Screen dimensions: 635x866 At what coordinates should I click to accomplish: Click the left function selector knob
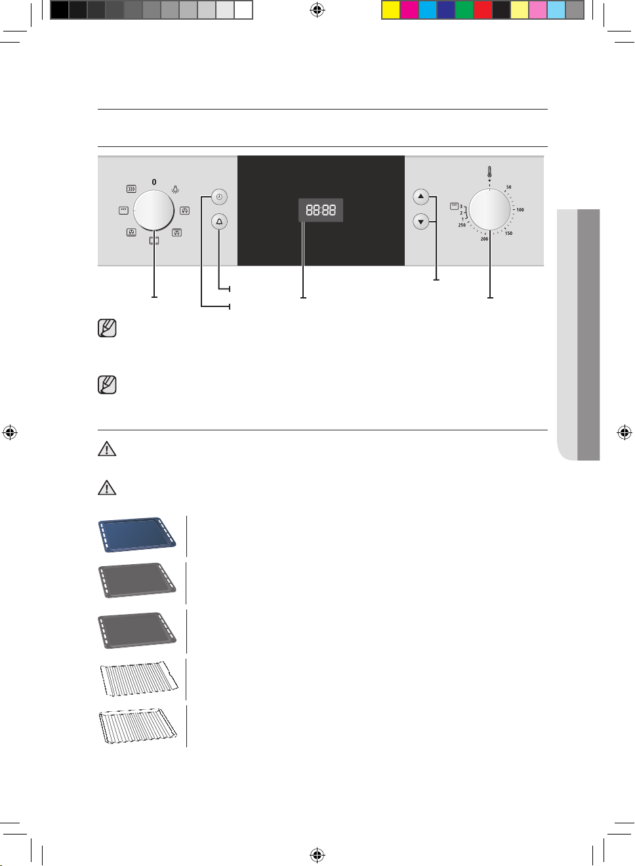[x=154, y=211]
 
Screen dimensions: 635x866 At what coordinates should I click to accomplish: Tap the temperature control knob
[x=489, y=209]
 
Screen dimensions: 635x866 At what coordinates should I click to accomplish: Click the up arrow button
[x=421, y=197]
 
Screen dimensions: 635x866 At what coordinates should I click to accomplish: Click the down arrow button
[x=421, y=222]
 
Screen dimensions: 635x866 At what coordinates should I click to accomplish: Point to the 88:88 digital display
[x=321, y=210]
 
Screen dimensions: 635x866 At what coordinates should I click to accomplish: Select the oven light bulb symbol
[x=175, y=190]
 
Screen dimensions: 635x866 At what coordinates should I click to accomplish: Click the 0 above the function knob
[x=154, y=182]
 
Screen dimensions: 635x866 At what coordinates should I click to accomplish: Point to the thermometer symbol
[x=489, y=172]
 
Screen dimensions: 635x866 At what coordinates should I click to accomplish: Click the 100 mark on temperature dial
[x=520, y=209]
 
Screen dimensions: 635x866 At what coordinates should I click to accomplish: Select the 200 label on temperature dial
[x=484, y=239]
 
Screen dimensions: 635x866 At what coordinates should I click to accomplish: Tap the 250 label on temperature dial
[x=462, y=224]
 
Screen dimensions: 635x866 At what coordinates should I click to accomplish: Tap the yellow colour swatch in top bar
[x=390, y=10]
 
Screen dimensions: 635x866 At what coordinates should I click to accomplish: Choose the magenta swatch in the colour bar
[x=409, y=10]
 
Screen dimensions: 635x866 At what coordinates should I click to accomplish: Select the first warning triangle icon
[x=107, y=449]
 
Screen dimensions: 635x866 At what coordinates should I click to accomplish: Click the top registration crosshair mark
[x=317, y=10]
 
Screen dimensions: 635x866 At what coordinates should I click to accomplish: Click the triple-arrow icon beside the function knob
[x=131, y=189]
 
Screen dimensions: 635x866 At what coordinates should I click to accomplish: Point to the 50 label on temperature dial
[x=508, y=187]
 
